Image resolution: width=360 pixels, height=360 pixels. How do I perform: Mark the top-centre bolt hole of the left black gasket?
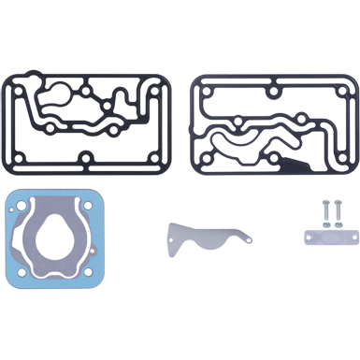[x=86, y=94]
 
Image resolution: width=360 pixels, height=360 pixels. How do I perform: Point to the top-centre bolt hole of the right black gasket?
[x=273, y=93]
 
